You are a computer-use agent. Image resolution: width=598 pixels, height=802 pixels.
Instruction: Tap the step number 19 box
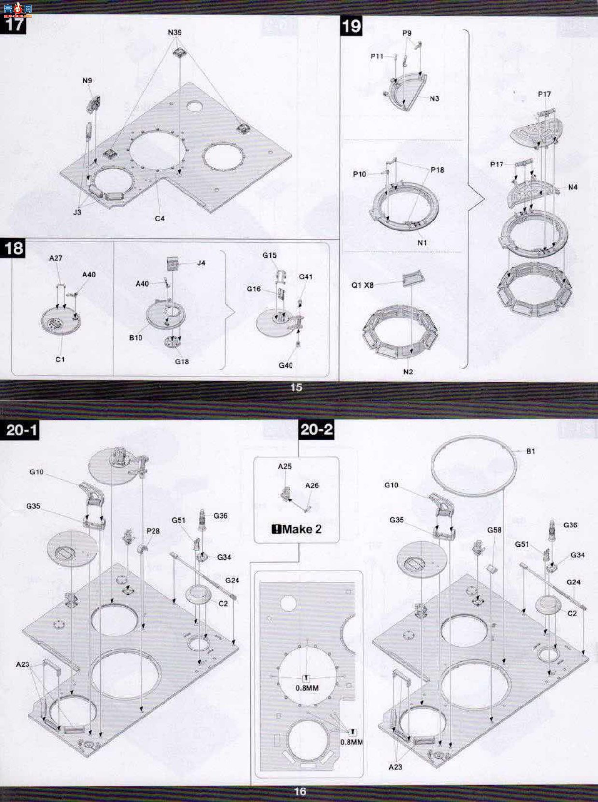tap(351, 27)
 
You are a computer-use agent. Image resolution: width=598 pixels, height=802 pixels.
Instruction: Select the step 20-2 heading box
tap(316, 429)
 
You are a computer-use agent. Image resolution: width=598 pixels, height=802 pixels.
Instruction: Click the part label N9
tap(87, 81)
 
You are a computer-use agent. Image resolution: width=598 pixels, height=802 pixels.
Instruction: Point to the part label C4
tap(160, 219)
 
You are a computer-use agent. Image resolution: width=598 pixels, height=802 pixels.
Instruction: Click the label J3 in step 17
tap(77, 212)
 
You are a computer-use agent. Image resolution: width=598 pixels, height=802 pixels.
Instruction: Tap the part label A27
tap(56, 258)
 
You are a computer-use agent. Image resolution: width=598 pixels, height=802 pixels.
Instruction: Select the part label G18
tap(182, 362)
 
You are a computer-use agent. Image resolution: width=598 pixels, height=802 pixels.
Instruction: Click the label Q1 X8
tap(362, 285)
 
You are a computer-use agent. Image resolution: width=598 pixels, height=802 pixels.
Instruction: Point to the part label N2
tap(408, 372)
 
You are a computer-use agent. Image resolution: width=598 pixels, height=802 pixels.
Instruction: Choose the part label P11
tap(377, 56)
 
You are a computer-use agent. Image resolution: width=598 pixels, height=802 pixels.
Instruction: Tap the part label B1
tap(530, 451)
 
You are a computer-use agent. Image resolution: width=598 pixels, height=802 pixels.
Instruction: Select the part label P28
tap(153, 531)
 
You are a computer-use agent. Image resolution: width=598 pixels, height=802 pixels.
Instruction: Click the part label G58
tap(494, 530)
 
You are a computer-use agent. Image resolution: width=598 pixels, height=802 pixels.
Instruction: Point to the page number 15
tap(296, 387)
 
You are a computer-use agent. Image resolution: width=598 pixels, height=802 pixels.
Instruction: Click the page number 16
tap(300, 791)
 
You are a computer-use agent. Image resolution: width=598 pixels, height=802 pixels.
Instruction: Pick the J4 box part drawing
tap(172, 263)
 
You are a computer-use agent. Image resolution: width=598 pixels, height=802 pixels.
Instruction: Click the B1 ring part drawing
tap(474, 437)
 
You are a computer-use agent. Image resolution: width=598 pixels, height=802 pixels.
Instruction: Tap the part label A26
tap(312, 485)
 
